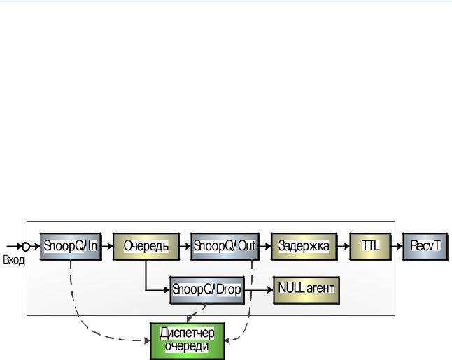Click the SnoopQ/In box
[71, 247]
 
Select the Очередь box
[146, 247]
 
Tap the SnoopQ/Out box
[225, 247]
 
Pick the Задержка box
[304, 247]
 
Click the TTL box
[371, 247]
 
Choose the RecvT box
[425, 247]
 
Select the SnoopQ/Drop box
[207, 290]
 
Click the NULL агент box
[306, 290]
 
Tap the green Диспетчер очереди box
[188, 341]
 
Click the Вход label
[14, 260]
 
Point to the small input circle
[26, 247]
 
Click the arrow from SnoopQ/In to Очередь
[107, 247]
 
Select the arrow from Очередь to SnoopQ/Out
[185, 247]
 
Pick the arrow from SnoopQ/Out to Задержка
[265, 247]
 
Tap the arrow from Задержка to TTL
[344, 247]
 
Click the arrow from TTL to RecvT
[397, 247]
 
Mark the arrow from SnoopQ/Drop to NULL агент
[259, 289]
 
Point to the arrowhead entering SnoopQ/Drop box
[167, 290]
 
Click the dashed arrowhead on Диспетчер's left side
[148, 341]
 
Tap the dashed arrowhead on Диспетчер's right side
[227, 341]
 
